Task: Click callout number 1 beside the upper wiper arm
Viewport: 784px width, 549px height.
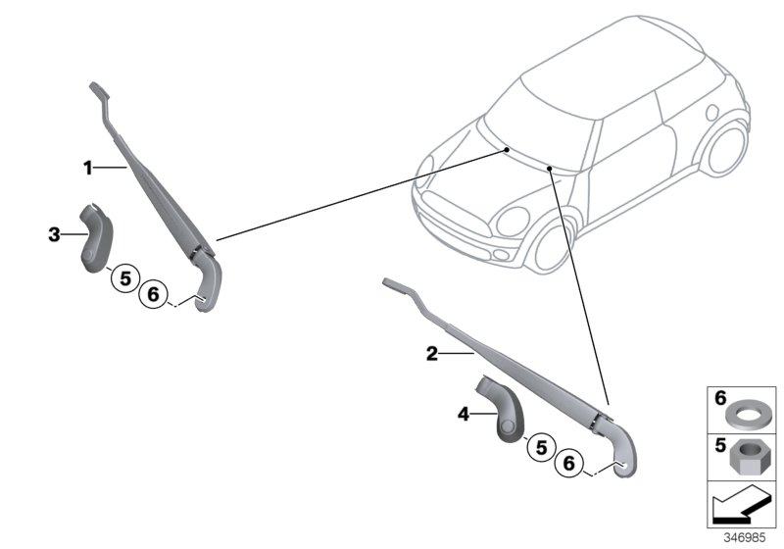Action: (87, 169)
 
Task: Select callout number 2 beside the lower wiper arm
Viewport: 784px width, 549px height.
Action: (430, 354)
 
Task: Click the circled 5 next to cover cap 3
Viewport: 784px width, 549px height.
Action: (123, 278)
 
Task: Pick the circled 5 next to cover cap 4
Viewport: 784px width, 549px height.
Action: (538, 448)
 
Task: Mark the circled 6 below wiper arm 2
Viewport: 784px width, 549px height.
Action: (567, 464)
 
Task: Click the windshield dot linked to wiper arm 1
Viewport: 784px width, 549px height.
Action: (507, 149)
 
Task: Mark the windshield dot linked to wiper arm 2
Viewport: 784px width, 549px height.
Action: (552, 169)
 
